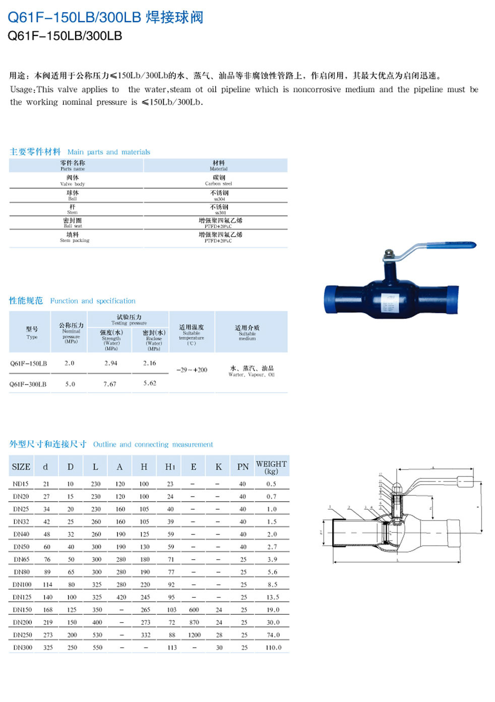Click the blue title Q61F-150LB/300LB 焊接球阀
tap(105, 17)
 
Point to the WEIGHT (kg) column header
tap(271, 467)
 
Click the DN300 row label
tap(23, 647)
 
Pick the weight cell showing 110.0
tap(273, 647)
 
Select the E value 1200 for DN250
tap(194, 635)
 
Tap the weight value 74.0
tap(273, 635)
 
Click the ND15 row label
tap(21, 484)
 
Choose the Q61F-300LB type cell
tap(28, 384)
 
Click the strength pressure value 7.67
tap(110, 384)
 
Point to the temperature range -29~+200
tap(192, 370)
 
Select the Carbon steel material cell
tap(218, 180)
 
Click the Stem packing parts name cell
tap(74, 237)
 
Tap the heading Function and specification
tap(93, 301)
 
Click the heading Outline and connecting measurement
tap(153, 445)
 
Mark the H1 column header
tap(170, 467)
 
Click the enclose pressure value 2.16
tap(150, 363)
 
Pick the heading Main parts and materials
tap(108, 152)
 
